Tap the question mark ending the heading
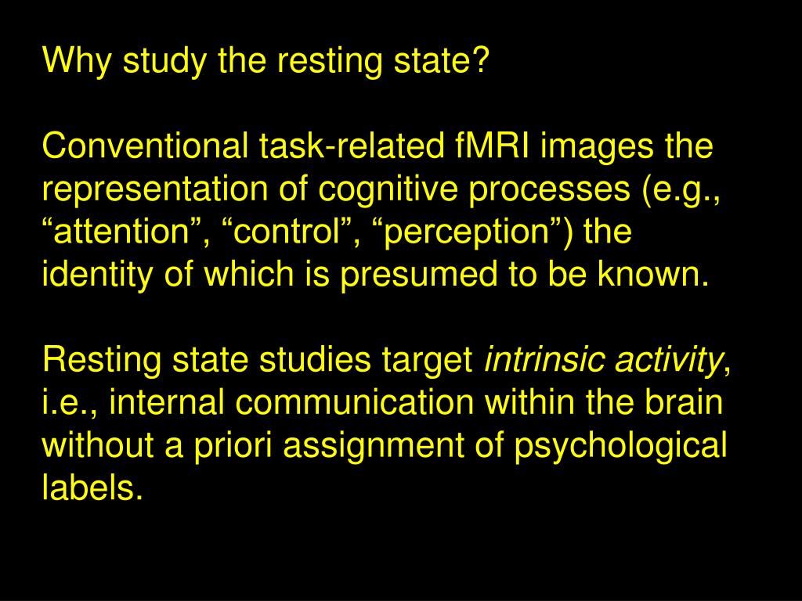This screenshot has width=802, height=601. pyautogui.click(x=481, y=61)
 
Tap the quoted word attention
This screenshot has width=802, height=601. pyautogui.click(x=121, y=232)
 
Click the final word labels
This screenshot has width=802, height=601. pyautogui.click(x=92, y=490)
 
